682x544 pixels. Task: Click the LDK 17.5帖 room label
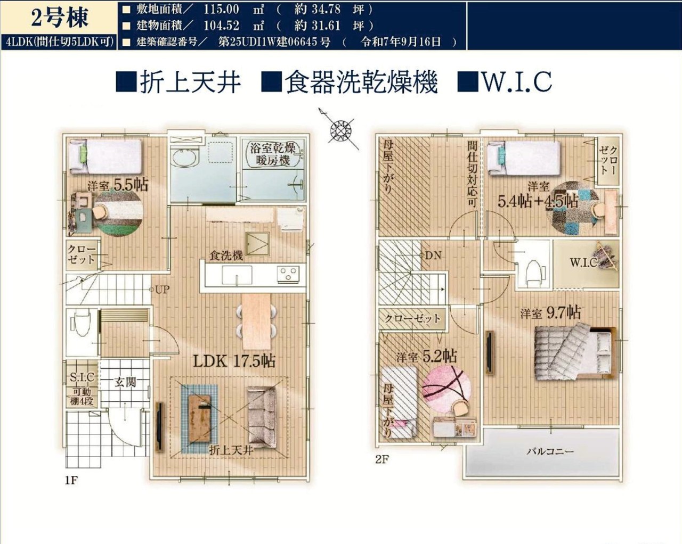point(234,361)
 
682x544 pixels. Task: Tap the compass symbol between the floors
point(339,129)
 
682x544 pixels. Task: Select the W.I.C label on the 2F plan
point(583,262)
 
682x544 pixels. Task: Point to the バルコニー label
point(550,451)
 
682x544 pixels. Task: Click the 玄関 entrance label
point(125,382)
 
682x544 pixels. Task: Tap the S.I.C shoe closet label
point(82,377)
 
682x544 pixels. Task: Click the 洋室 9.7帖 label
point(550,313)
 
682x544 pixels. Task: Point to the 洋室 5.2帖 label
point(427,357)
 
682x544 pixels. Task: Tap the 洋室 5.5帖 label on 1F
point(118,185)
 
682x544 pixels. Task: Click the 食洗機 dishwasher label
point(226,255)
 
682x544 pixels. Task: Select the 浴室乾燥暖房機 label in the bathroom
point(273,154)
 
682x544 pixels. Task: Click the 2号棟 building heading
point(59,19)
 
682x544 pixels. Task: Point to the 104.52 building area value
point(221,26)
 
